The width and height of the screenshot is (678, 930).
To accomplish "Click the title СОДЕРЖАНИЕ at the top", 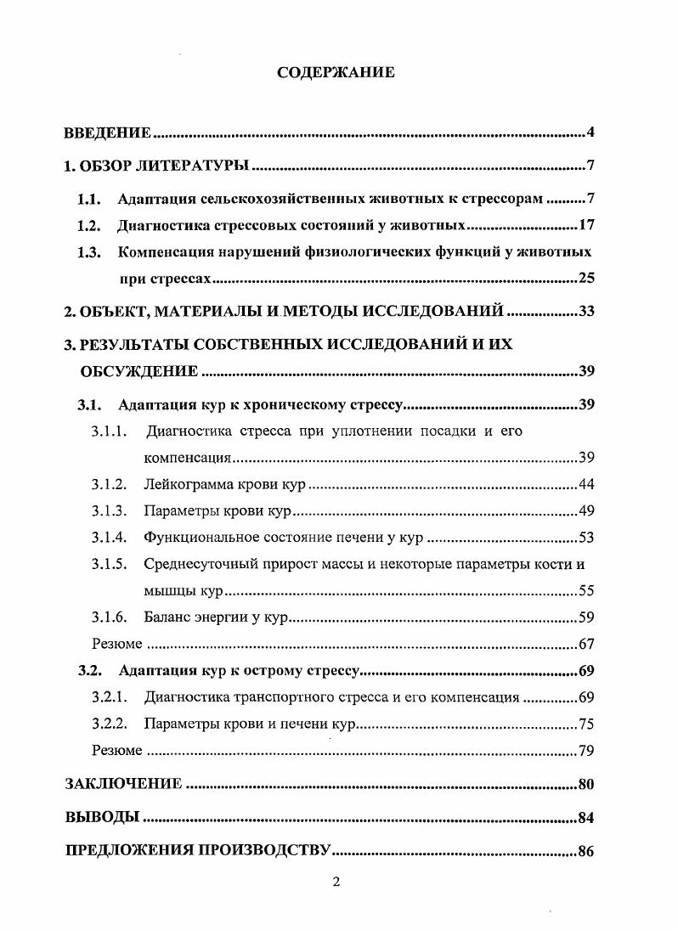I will click(336, 72).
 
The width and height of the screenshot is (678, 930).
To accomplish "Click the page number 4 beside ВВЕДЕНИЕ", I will click(589, 132).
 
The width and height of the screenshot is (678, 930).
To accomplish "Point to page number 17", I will click(585, 226).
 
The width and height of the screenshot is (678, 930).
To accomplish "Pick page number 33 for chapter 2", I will click(585, 311).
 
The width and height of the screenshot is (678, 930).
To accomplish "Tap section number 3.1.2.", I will click(109, 484).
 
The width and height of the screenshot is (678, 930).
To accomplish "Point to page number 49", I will click(585, 510).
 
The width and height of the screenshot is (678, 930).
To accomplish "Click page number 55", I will click(585, 590).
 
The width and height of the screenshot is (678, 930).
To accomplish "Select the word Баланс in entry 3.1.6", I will click(166, 617).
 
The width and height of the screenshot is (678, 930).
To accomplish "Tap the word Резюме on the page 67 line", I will click(116, 644).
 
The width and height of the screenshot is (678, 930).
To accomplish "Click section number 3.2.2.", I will click(109, 724).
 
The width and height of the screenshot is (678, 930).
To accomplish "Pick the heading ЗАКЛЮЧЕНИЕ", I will click(123, 784).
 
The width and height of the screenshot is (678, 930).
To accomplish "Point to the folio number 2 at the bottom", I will click(336, 882).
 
